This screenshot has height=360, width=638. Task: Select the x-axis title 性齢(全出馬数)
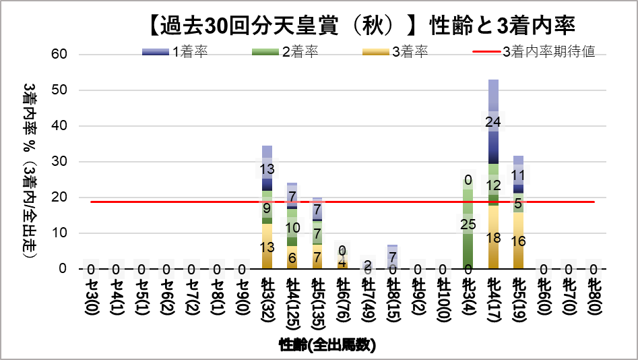[327, 345]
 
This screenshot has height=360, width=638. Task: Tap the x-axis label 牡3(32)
[267, 303]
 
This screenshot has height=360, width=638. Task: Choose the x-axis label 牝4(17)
[493, 303]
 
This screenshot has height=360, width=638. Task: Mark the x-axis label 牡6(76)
[342, 303]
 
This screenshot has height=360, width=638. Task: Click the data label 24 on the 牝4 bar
[493, 122]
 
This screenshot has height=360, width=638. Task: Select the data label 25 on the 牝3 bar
[468, 225]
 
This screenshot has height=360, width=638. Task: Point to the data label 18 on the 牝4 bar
[493, 237]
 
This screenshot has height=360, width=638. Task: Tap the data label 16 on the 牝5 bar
[518, 241]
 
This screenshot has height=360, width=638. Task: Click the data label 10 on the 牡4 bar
[292, 228]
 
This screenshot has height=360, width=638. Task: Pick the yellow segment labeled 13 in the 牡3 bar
[267, 247]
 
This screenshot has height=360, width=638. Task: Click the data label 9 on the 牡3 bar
[267, 208]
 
